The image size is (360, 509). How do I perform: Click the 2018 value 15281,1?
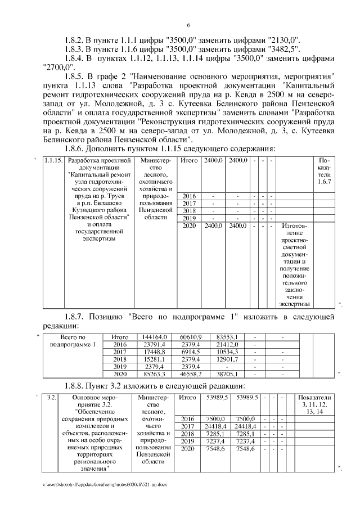[152, 358]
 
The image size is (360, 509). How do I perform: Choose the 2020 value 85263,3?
[152, 373]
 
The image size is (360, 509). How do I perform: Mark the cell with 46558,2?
[190, 373]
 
